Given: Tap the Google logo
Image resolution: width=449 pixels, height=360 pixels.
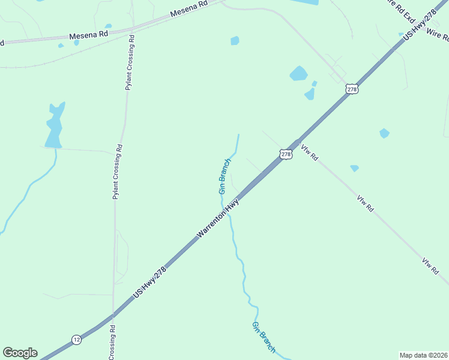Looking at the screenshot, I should click(20, 353).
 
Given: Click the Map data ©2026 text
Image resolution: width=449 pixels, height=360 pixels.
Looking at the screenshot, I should click(424, 355).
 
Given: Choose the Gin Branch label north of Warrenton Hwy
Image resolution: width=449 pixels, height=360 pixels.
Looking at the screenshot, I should click(224, 176).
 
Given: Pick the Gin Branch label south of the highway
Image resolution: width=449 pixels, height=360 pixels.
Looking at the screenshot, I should click(264, 337).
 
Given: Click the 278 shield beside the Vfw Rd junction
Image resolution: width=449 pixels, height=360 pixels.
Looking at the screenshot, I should click(286, 154).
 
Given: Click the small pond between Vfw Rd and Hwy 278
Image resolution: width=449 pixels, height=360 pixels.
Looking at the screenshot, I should click(355, 168).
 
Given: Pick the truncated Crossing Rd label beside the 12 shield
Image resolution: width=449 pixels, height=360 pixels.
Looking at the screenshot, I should click(112, 342).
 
